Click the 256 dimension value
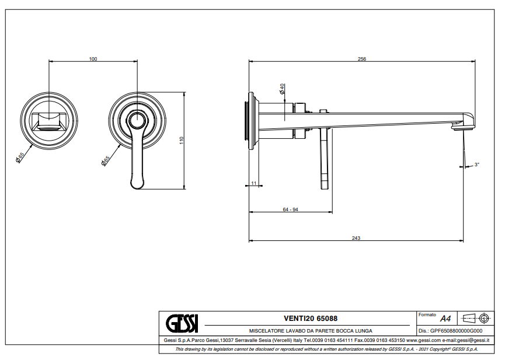(x=362, y=59)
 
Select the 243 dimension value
(x=356, y=237)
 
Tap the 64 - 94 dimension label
(x=290, y=209)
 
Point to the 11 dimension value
(x=253, y=183)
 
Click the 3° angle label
(x=476, y=165)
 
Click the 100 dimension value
(x=93, y=59)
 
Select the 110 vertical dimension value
(x=182, y=141)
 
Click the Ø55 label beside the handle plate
(x=105, y=160)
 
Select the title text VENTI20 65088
(x=310, y=319)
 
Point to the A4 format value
(x=445, y=319)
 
